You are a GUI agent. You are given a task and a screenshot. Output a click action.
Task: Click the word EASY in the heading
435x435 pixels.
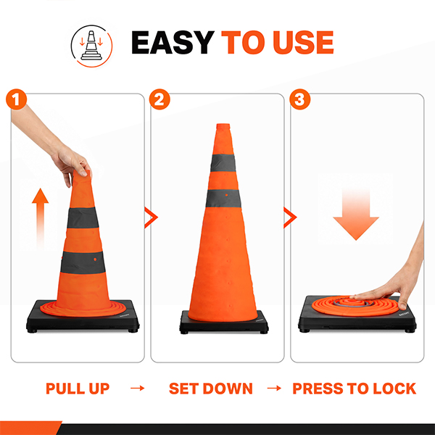pyautogui.click(x=173, y=42)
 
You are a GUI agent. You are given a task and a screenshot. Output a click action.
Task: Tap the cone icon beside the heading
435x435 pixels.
pyautogui.click(x=91, y=46)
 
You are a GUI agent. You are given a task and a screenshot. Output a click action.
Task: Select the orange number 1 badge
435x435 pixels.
pyautogui.click(x=17, y=99)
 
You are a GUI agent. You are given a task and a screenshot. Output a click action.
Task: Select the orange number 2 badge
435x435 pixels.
pyautogui.click(x=159, y=99)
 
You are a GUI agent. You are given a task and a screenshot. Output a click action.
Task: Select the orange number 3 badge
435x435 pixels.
pyautogui.click(x=300, y=99)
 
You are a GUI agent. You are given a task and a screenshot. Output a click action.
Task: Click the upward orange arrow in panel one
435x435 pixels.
pyautogui.click(x=40, y=217)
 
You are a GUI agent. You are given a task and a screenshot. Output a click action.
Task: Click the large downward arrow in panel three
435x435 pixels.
pyautogui.click(x=356, y=214)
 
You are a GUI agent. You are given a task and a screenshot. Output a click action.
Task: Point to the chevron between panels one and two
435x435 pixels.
pyautogui.click(x=152, y=217)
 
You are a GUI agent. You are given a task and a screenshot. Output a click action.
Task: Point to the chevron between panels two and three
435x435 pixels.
pyautogui.click(x=290, y=217)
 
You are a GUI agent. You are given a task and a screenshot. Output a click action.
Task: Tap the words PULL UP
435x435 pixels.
pyautogui.click(x=78, y=389)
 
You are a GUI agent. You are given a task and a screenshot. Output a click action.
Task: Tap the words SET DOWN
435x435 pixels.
pyautogui.click(x=211, y=389)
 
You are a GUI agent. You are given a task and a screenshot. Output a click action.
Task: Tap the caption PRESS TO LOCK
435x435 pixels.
pyautogui.click(x=355, y=389)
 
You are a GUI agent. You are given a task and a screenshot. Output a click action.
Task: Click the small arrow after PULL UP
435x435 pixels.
pyautogui.click(x=138, y=388)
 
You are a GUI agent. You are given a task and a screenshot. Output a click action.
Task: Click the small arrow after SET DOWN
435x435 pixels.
pyautogui.click(x=274, y=388)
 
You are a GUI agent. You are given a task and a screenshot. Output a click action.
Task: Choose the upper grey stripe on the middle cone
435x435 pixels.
pyautogui.click(x=223, y=163)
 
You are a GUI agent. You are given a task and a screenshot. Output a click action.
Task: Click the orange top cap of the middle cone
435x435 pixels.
pyautogui.click(x=223, y=126)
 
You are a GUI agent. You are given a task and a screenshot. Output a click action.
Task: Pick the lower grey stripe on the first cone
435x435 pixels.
pyautogui.click(x=83, y=262)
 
